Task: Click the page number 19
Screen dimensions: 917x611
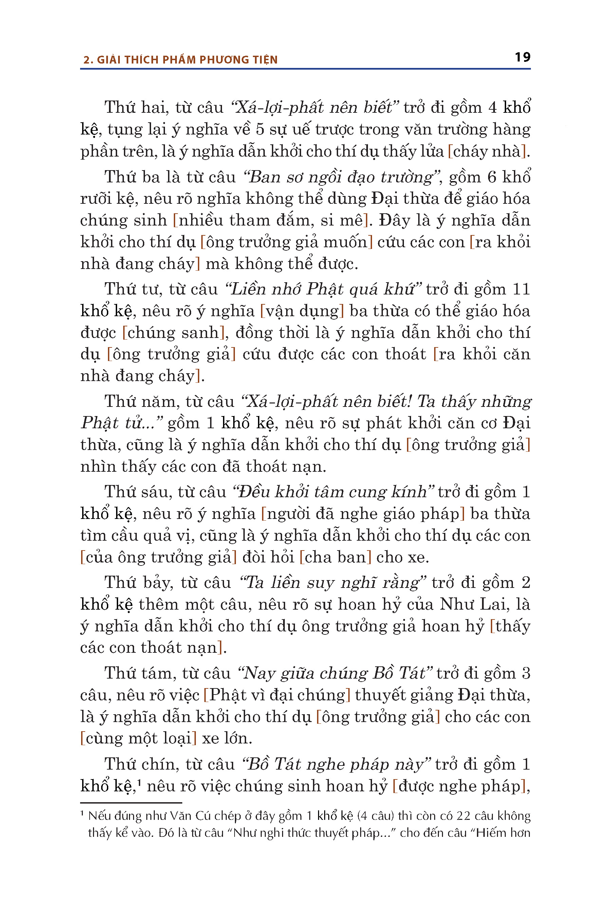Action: [x=522, y=57]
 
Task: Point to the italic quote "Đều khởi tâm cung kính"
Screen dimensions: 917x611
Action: [x=333, y=492]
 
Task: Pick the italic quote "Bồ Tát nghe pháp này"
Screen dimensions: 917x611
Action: [x=336, y=764]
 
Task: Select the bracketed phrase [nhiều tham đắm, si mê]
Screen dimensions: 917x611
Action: [x=271, y=221]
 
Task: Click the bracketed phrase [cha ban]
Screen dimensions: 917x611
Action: [x=335, y=557]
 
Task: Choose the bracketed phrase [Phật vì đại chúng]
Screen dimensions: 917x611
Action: [x=277, y=695]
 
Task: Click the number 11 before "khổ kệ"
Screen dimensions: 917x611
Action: [x=521, y=289]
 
